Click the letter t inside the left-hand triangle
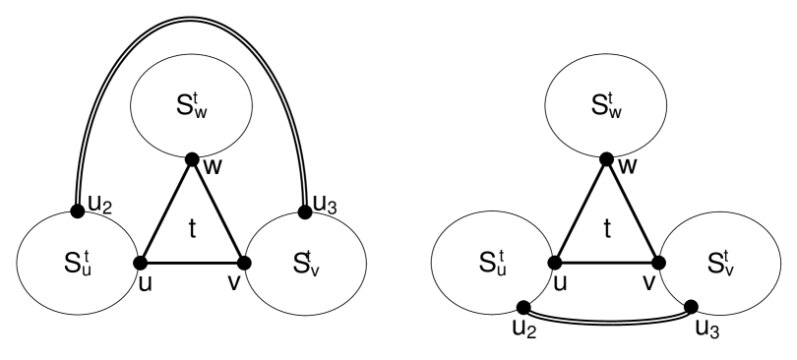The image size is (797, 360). tap(192, 229)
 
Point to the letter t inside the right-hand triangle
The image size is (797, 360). tap(607, 229)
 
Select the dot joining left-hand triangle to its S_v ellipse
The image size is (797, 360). tap(244, 262)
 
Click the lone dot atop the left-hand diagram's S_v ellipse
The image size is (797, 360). tap(305, 212)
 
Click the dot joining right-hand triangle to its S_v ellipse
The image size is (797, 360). tap(659, 262)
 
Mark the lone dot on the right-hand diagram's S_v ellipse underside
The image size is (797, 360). tap(691, 307)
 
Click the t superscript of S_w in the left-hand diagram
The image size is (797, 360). tap(198, 96)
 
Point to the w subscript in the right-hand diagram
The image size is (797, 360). tap(616, 111)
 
